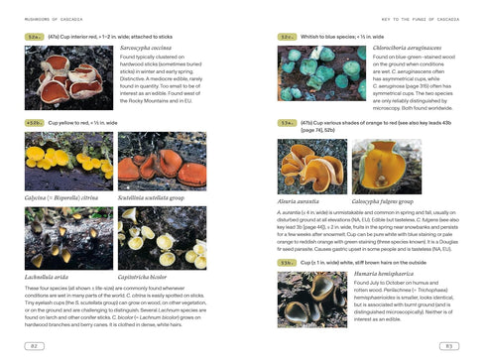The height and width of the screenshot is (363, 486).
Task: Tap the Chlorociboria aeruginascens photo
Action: coord(306,77)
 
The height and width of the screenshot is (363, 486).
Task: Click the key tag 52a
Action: coord(33,35)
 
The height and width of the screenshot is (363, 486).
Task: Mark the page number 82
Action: coord(34,344)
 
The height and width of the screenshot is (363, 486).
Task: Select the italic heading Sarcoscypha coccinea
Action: coord(153,47)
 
